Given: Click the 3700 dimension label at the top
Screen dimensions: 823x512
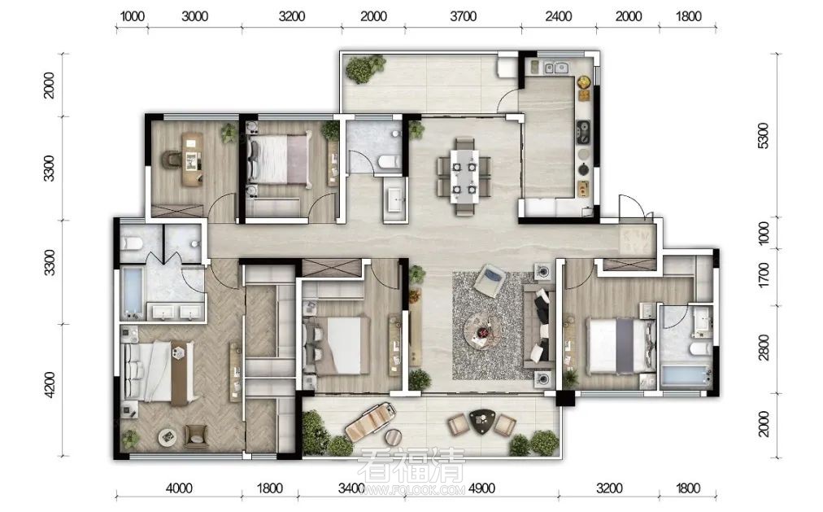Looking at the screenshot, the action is pos(463,17).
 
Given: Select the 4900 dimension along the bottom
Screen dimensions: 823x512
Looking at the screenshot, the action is pos(481,489).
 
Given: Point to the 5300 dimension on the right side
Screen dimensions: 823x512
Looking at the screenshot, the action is pos(764,135).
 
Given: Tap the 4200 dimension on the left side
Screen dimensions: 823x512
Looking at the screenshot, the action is pos(49,384).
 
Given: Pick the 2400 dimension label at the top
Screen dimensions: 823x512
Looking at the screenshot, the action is pos(558,17).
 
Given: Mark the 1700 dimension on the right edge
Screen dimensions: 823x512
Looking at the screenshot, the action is pos(764,274).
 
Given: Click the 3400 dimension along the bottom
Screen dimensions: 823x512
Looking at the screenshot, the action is pos(351,489).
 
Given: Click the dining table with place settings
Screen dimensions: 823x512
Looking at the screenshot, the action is pos(464,176).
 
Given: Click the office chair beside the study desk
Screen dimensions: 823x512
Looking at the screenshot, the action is pos(172,160).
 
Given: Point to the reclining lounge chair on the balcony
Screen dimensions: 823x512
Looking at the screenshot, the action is pos(370,422).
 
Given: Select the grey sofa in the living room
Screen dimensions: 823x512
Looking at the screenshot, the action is pos(539,326).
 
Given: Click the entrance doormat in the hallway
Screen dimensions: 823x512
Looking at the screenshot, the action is pos(637,240).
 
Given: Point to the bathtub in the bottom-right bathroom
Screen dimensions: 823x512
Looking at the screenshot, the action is pos(686,377).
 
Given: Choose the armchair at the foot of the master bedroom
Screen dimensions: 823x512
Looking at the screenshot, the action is pos(196,435).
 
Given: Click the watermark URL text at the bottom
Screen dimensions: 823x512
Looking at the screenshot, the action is pos(411,491).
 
